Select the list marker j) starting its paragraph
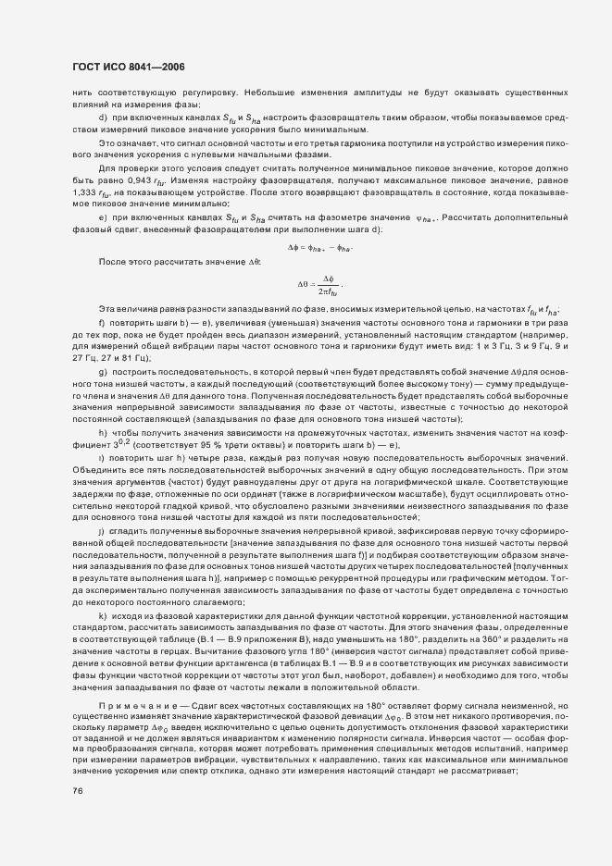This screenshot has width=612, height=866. coord(102,531)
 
